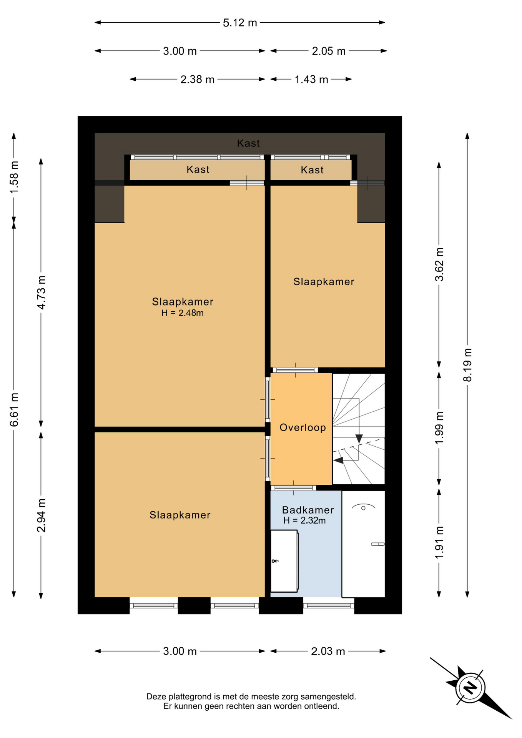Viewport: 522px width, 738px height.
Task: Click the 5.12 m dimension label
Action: (240, 23)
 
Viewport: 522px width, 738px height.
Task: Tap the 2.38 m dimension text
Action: (197, 80)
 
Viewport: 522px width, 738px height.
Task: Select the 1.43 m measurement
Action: (311, 80)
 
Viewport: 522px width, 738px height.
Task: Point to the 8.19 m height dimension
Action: (467, 365)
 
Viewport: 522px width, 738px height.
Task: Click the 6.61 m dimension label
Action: (14, 410)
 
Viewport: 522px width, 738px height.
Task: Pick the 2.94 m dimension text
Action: (41, 515)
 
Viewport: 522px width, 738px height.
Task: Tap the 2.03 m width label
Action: (328, 651)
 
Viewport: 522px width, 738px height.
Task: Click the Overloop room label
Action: (303, 427)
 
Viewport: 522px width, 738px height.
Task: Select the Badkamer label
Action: (308, 510)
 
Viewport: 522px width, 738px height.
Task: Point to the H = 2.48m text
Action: (182, 313)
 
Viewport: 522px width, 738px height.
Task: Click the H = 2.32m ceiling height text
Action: (304, 520)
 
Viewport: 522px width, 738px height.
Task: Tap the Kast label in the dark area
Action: (248, 143)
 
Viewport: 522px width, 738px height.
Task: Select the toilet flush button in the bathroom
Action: (377, 544)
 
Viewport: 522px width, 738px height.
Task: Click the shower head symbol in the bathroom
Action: (363, 507)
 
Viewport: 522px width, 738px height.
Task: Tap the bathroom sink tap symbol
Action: (275, 561)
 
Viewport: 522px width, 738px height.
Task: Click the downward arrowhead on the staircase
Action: (359, 439)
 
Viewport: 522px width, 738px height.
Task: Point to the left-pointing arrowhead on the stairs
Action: (338, 460)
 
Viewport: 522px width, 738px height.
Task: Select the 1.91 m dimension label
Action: (439, 543)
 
